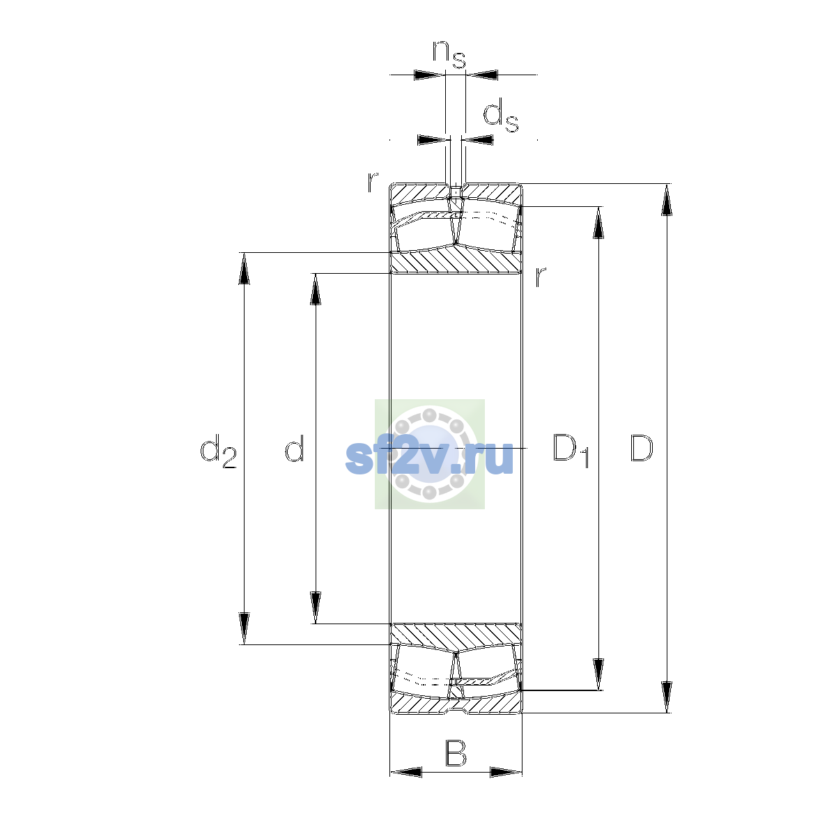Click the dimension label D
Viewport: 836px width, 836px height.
click(x=641, y=448)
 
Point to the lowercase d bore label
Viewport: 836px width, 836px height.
click(x=294, y=448)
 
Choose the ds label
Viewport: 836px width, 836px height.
click(x=501, y=115)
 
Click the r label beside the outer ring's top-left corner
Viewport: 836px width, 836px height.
click(x=373, y=182)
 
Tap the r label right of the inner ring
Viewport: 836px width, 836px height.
click(x=540, y=277)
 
